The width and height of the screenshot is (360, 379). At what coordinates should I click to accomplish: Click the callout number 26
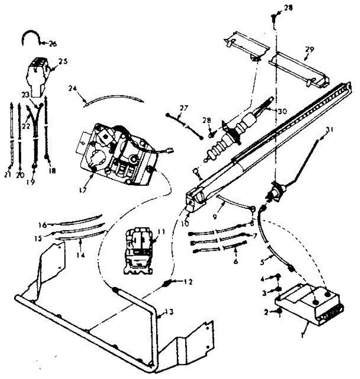coord(53,44)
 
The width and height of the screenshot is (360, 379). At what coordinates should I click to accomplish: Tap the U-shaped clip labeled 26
coord(31,36)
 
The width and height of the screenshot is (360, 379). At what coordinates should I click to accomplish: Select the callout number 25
coord(63,62)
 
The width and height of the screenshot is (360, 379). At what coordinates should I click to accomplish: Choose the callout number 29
coord(309,50)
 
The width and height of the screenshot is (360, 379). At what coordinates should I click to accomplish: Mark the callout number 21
coord(8,174)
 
